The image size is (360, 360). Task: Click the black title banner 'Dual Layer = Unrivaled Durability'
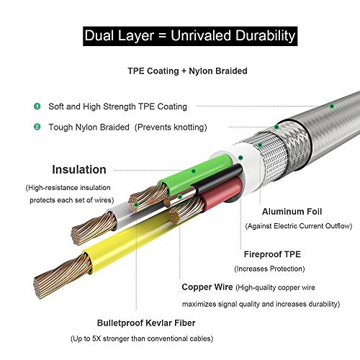point(190,36)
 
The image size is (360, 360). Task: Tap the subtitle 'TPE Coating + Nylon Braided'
point(187,71)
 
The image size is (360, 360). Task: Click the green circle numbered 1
point(37,106)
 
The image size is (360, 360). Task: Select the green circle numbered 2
point(37,127)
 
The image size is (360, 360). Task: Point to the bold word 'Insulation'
point(79,169)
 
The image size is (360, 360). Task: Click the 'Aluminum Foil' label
point(292,212)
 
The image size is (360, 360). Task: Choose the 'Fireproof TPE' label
point(272,254)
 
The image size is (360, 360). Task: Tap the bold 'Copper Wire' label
point(207,287)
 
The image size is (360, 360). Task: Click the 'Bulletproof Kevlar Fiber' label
point(146,323)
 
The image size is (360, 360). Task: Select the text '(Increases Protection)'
point(269,269)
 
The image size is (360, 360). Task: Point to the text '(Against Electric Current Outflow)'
point(299,226)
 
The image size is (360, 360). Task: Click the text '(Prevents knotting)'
point(171,127)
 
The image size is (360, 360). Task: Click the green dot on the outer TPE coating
point(332,106)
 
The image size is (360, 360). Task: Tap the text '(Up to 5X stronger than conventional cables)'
point(142,338)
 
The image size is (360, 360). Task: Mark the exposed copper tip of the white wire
point(94,228)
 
